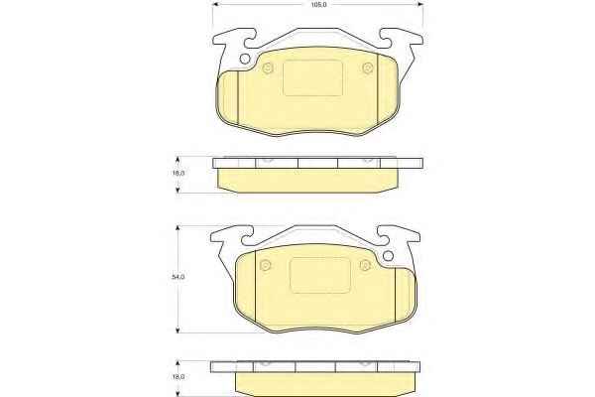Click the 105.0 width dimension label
point(318,5)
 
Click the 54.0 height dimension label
point(178,277)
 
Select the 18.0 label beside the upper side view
point(178,173)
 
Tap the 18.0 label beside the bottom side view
point(178,377)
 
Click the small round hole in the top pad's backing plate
point(245,59)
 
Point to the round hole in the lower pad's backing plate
point(388,256)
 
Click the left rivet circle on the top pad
point(268,68)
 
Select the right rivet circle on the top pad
point(367,68)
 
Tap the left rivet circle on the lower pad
point(266,265)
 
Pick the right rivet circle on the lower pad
point(365,265)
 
